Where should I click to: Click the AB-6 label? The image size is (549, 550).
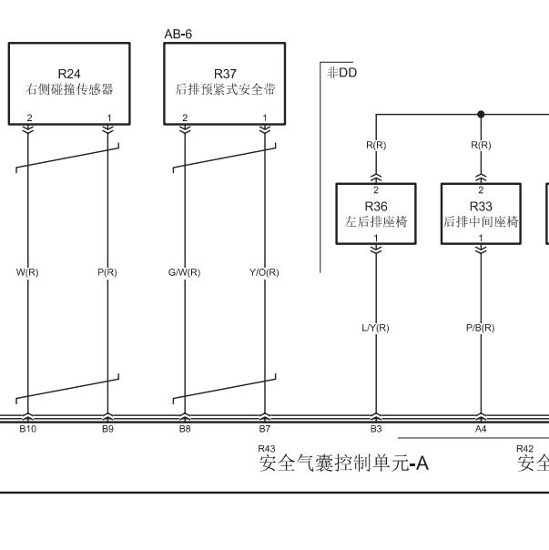[178, 34]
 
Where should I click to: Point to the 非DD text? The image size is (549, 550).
[342, 73]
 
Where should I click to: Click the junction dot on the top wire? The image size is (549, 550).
[481, 115]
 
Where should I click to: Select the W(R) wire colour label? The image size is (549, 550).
[27, 272]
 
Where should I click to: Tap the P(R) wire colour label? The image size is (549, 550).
[107, 272]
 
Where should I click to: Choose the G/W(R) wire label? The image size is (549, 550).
[185, 272]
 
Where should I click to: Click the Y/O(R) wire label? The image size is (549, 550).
[264, 272]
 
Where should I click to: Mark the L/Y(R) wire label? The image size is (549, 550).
[375, 328]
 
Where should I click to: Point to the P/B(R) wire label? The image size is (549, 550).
[480, 328]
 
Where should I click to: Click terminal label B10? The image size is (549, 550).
[27, 429]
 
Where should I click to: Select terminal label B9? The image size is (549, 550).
[107, 429]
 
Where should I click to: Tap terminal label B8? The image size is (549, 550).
[185, 429]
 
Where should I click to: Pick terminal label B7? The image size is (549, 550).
[265, 429]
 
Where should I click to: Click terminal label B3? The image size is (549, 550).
[376, 429]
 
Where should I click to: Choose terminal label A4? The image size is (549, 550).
[481, 429]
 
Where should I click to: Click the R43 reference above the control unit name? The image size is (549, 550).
[267, 449]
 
